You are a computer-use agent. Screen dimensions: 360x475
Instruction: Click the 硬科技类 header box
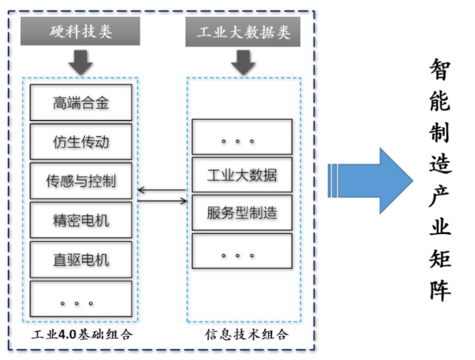pyautogui.click(x=81, y=32)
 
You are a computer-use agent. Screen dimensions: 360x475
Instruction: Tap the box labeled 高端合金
pyautogui.click(x=81, y=102)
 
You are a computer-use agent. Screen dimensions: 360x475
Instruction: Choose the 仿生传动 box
pyautogui.click(x=81, y=142)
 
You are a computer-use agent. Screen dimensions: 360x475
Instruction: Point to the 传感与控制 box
pyautogui.click(x=81, y=181)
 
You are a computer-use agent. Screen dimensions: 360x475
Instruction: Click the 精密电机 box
pyautogui.click(x=81, y=220)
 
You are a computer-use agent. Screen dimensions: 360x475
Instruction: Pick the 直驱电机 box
pyautogui.click(x=81, y=259)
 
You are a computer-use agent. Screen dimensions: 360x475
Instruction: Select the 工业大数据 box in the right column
pyautogui.click(x=242, y=175)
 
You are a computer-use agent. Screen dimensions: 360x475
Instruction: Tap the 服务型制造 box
pyautogui.click(x=242, y=212)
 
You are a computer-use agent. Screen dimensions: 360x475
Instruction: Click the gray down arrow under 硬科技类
pyautogui.click(x=81, y=62)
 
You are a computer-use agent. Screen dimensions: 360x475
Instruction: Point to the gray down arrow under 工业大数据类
pyautogui.click(x=243, y=62)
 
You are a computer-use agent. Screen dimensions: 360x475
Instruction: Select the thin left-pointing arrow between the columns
pyautogui.click(x=162, y=190)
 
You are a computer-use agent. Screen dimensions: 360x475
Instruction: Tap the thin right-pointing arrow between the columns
pyautogui.click(x=162, y=201)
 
